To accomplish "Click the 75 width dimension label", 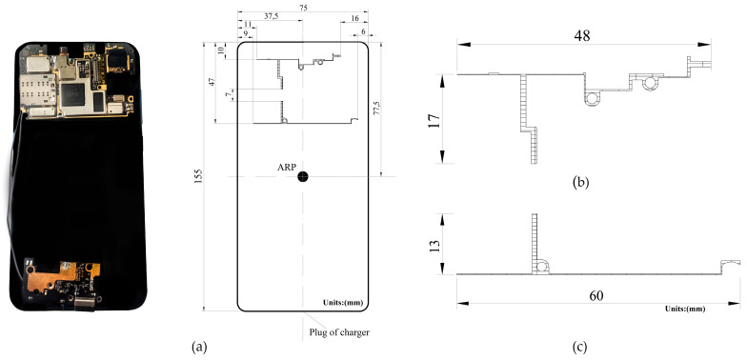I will tap(302, 7).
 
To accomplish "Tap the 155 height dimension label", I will tap(198, 177).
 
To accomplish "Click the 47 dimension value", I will tap(212, 83).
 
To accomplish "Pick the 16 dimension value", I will tap(354, 17).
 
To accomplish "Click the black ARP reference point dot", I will tap(302, 177).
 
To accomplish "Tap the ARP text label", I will tap(287, 167).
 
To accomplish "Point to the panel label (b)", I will tap(580, 181).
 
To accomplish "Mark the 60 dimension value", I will tap(596, 296).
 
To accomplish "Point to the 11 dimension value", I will tap(248, 24).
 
